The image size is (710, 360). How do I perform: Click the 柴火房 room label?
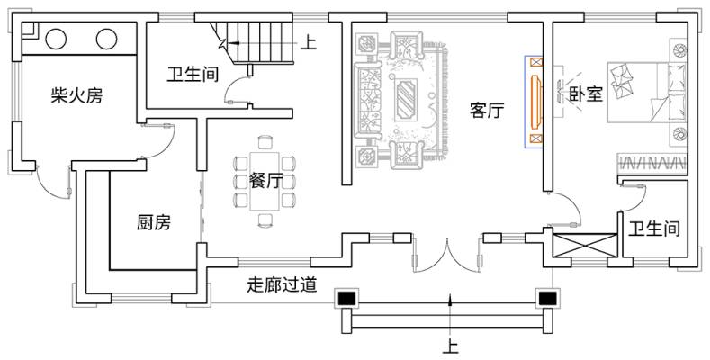tap(76, 96)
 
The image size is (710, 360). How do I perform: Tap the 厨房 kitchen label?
tap(153, 221)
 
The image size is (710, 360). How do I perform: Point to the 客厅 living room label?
tap(487, 111)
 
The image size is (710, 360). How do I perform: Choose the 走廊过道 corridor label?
tap(283, 286)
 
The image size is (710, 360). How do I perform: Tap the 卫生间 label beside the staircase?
tap(193, 74)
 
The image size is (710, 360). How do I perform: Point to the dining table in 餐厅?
tap(265, 180)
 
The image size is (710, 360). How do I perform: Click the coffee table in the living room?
tap(409, 95)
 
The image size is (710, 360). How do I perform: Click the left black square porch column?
tap(347, 298)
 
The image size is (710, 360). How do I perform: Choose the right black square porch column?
tap(546, 298)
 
